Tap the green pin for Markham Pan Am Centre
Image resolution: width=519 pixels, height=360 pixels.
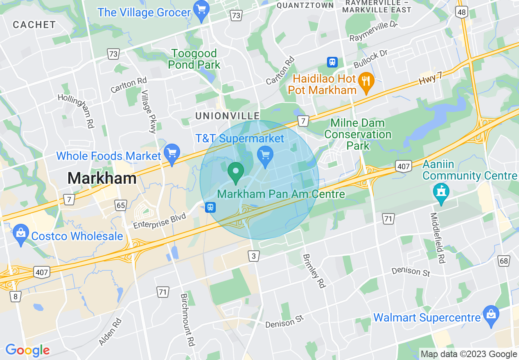(235, 172)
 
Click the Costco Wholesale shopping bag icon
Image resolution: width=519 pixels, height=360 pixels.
(20, 234)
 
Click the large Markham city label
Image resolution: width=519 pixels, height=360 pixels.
(102, 178)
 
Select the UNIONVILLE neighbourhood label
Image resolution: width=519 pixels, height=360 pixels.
(228, 116)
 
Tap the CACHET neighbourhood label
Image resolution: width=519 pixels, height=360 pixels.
(34, 25)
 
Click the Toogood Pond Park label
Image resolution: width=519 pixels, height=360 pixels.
(194, 59)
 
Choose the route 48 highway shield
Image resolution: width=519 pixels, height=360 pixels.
(462, 12)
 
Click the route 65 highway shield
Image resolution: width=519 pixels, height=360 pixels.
(121, 205)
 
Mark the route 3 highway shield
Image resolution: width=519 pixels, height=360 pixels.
(254, 256)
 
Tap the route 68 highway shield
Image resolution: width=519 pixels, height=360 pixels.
(504, 261)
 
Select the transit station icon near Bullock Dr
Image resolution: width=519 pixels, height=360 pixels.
(332, 62)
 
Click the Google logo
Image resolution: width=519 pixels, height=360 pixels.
(27, 350)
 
